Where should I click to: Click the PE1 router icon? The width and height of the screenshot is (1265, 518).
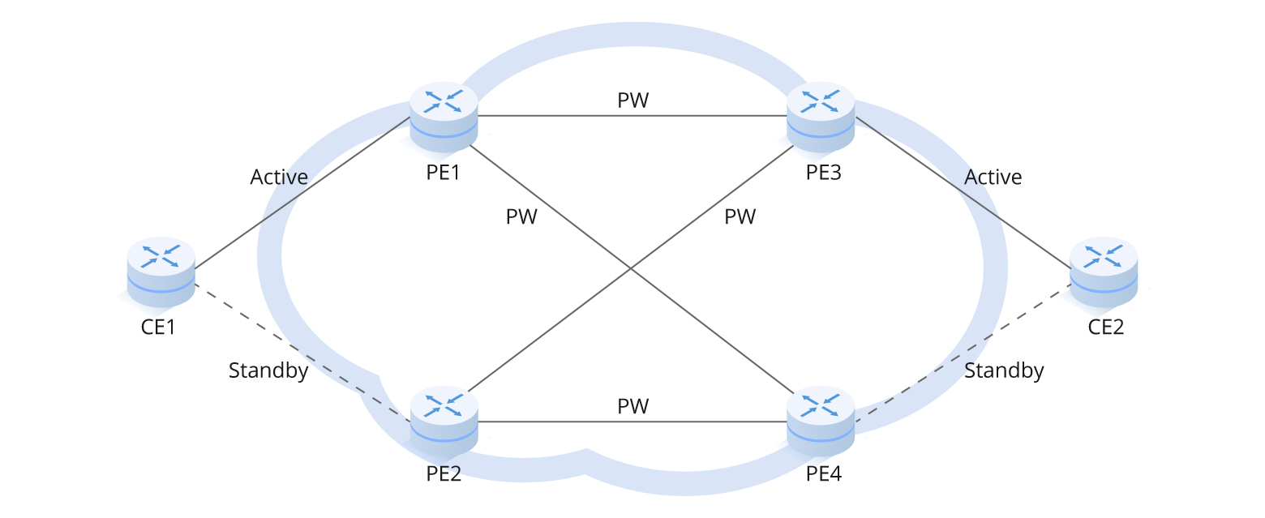click(444, 117)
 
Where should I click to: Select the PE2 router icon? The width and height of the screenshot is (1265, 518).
click(444, 422)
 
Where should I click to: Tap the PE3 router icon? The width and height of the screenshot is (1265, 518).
click(821, 117)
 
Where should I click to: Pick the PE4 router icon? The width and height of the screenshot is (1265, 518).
click(821, 422)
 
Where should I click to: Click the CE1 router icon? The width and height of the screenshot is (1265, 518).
click(161, 272)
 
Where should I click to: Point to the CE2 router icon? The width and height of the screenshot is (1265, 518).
click(1104, 272)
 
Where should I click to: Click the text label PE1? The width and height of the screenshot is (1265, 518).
click(444, 173)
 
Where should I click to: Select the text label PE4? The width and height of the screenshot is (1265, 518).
click(824, 473)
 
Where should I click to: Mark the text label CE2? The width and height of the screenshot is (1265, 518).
click(1106, 327)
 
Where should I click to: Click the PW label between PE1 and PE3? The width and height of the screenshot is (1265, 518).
click(633, 101)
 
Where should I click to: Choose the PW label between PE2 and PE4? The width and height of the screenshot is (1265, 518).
click(633, 405)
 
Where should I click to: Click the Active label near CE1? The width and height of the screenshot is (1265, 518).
click(279, 177)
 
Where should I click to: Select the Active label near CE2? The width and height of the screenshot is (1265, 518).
click(993, 177)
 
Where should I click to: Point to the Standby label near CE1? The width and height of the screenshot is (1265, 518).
click(268, 371)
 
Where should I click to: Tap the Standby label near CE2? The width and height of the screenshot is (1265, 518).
click(1004, 371)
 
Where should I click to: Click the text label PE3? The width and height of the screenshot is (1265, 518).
click(824, 173)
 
